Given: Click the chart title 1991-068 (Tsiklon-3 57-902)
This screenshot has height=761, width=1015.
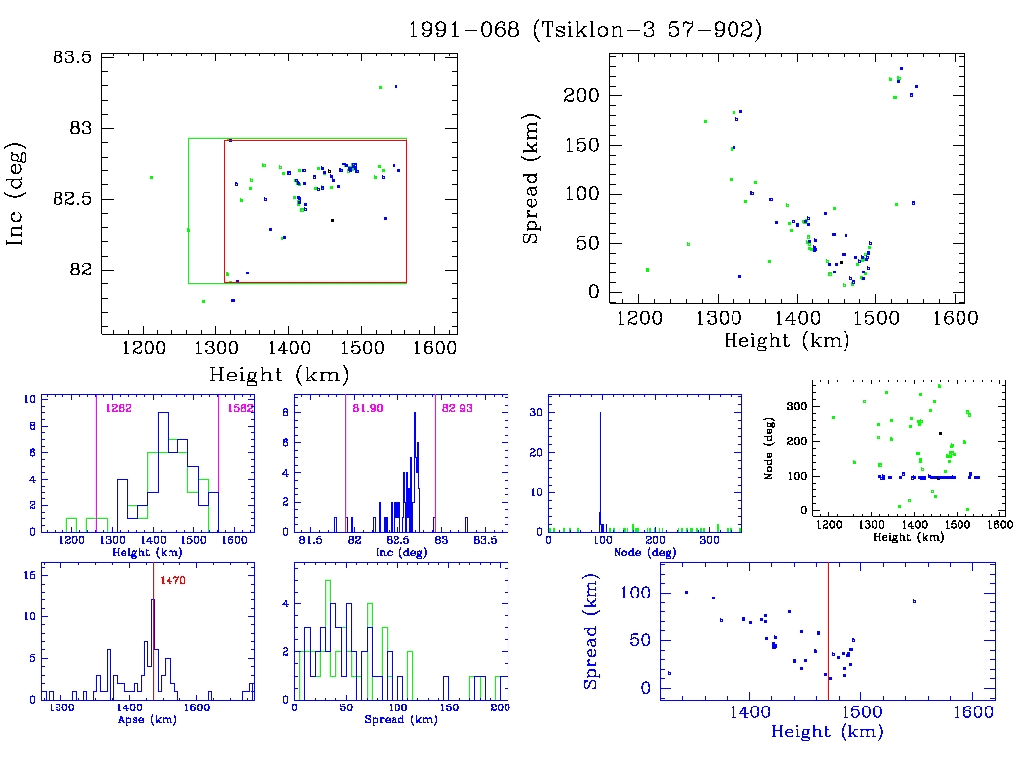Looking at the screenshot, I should click(585, 30).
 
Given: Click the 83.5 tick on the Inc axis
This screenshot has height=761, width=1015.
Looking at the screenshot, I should click(71, 57).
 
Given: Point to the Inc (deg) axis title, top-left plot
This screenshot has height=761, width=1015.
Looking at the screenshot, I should click(17, 193).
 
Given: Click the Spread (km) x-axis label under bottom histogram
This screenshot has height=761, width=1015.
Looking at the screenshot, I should click(401, 720).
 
